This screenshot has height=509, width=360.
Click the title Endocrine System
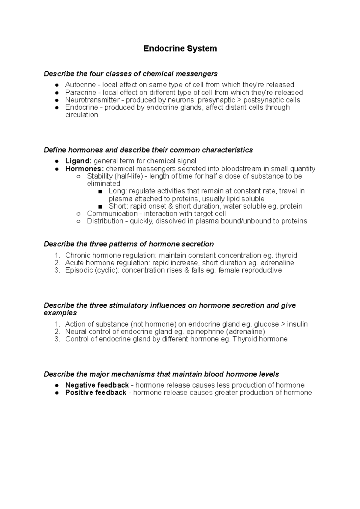pos(180,49)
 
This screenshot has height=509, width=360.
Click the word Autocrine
pos(80,85)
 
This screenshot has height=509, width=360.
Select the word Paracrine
pos(81,92)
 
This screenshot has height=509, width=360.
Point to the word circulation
pos(82,115)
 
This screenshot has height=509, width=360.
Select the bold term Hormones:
pos(84,168)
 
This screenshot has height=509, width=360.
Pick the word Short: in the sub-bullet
pos(118,206)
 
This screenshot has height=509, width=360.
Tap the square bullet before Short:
pos(100,207)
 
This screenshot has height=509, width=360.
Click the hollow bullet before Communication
pos(79,214)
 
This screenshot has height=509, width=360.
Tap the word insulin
pos(297,324)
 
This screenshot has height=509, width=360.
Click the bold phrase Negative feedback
pos(97,385)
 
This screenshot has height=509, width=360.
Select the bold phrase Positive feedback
pos(95,393)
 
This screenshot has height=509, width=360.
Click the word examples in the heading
pos(60,313)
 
